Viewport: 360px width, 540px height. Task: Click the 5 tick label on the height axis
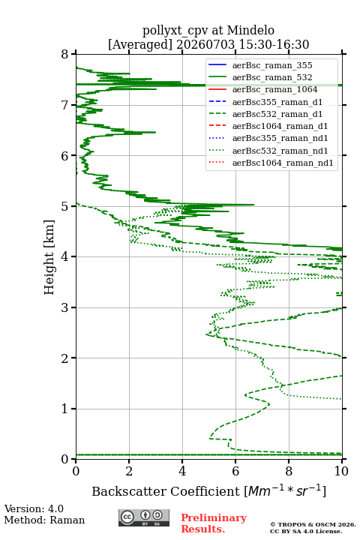tap(64, 206)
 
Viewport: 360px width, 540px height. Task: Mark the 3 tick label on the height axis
tap(64, 307)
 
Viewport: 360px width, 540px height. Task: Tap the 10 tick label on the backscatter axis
tap(342, 471)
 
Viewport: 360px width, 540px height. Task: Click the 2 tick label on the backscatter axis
tap(129, 471)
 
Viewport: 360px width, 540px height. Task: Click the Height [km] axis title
tap(49, 257)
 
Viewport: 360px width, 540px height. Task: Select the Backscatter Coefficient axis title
tap(208, 491)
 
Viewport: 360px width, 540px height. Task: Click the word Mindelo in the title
tap(250, 30)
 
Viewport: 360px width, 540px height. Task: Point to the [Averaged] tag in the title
tap(140, 44)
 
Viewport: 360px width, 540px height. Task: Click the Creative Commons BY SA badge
tap(144, 517)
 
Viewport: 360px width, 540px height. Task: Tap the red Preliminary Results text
tap(214, 523)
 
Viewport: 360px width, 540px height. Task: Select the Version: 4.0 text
tap(34, 508)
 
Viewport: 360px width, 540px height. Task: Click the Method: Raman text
tap(44, 520)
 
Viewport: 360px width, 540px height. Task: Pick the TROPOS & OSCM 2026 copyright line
tap(313, 524)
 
